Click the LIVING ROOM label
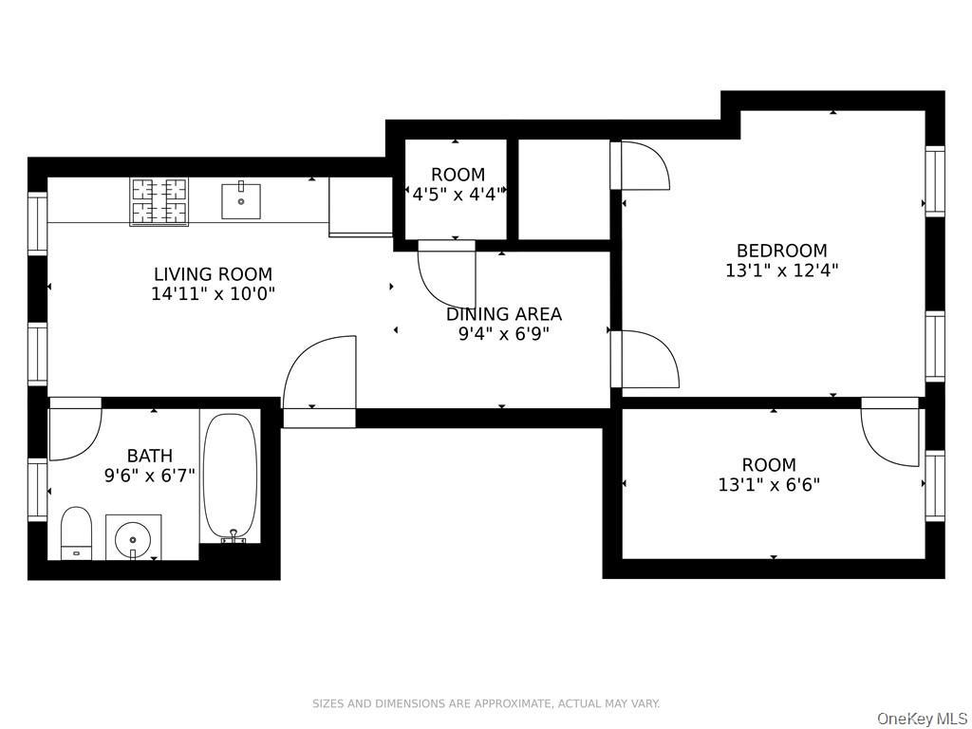tap(213, 274)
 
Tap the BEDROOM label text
tap(782, 251)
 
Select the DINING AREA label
tap(504, 314)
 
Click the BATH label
tap(149, 456)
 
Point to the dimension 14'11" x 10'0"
tap(213, 294)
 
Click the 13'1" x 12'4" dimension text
tap(782, 271)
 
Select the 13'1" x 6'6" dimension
tap(769, 485)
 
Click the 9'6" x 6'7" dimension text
tap(149, 476)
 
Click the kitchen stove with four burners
tap(159, 201)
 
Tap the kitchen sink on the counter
tap(241, 201)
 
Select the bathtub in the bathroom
tap(231, 477)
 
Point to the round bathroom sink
tap(133, 537)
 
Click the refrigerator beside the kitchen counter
tap(360, 207)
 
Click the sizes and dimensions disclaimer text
tap(486, 703)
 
